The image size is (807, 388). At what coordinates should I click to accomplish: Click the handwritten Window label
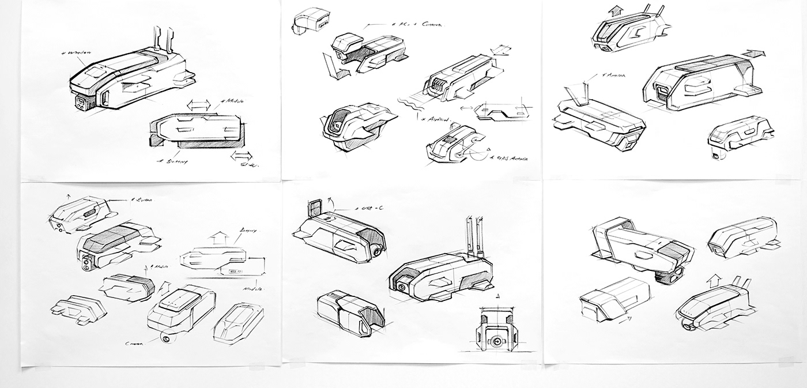(x=73, y=53)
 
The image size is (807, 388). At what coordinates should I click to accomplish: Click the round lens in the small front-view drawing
(x=495, y=341)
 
